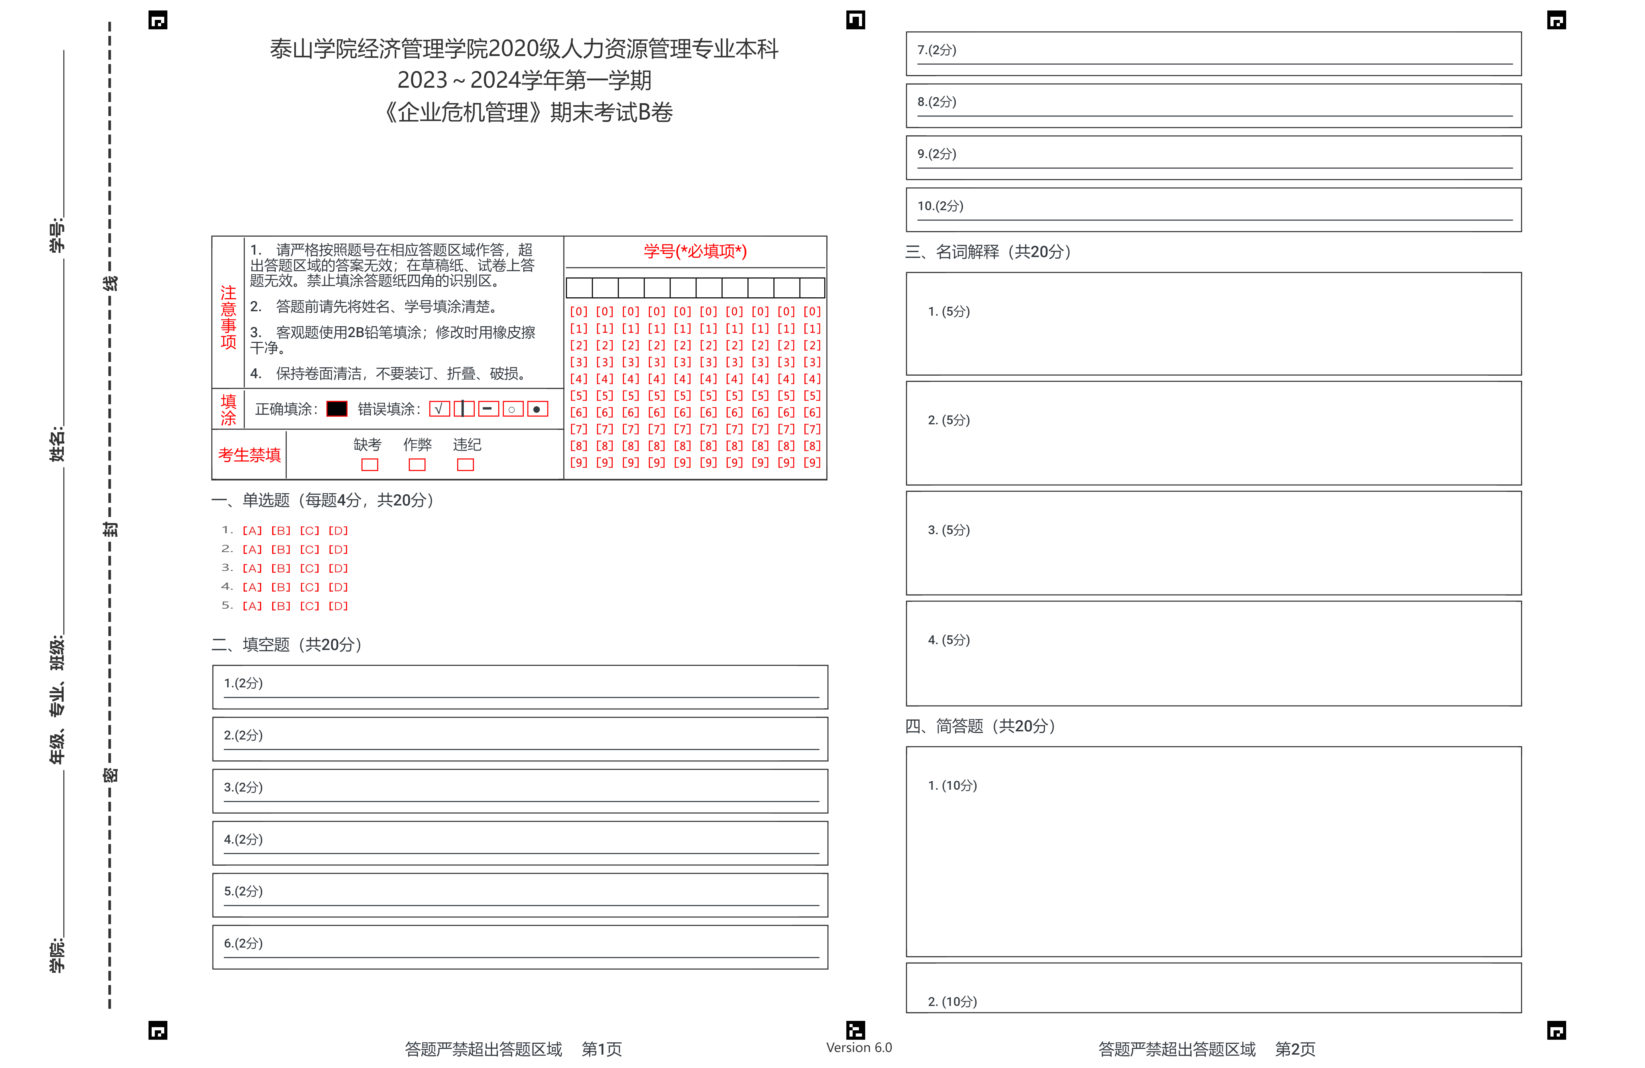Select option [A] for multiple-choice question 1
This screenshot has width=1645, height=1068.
251,531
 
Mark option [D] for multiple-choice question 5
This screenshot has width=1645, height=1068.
338,606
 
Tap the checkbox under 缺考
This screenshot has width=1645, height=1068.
370,465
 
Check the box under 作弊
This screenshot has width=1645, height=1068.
417,465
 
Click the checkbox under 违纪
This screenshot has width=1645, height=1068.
465,465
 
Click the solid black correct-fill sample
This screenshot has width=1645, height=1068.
337,409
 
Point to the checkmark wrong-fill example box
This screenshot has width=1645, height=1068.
439,409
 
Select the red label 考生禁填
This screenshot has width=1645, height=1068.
250,455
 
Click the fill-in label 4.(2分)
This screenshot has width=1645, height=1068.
243,839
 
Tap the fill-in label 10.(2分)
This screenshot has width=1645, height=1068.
940,206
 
